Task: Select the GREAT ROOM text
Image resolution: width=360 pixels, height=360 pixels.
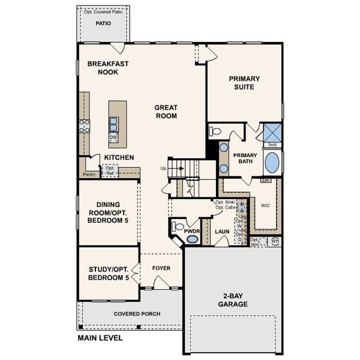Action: (x=166, y=112)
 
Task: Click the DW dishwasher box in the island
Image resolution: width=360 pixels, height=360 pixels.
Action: (x=113, y=137)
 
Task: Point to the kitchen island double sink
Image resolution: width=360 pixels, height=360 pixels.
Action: (x=113, y=124)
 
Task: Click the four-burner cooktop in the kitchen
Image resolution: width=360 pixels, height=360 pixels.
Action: (x=85, y=126)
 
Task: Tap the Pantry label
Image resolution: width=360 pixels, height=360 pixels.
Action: (x=89, y=175)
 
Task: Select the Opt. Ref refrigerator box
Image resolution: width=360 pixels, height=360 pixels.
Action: (x=110, y=171)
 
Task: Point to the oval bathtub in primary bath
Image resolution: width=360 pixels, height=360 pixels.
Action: (x=272, y=162)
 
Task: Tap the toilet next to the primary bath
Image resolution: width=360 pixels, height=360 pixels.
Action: (x=215, y=131)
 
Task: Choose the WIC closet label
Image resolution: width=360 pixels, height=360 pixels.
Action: (x=266, y=205)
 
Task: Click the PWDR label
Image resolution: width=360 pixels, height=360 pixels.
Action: (x=191, y=230)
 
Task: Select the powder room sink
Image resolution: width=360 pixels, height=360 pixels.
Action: (x=192, y=239)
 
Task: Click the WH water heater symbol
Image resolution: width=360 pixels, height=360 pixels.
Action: (x=275, y=241)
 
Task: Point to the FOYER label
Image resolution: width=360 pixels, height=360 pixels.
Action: (x=161, y=268)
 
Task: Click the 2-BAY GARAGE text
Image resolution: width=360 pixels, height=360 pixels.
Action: (x=232, y=300)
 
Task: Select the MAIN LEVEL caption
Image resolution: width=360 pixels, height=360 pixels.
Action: (x=100, y=338)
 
